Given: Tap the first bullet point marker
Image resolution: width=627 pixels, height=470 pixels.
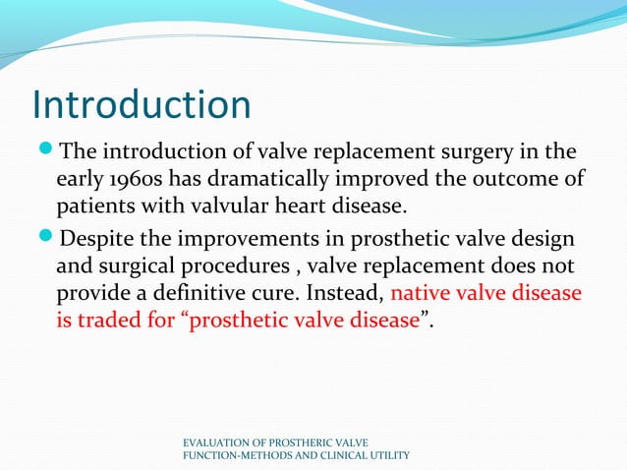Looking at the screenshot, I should pos(45,151).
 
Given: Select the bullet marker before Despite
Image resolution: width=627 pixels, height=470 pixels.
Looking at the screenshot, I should pos(45,239).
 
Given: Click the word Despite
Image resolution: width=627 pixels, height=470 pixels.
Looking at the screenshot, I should pos(96,239).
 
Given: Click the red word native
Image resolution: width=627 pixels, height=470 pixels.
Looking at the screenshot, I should pos(420,294).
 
